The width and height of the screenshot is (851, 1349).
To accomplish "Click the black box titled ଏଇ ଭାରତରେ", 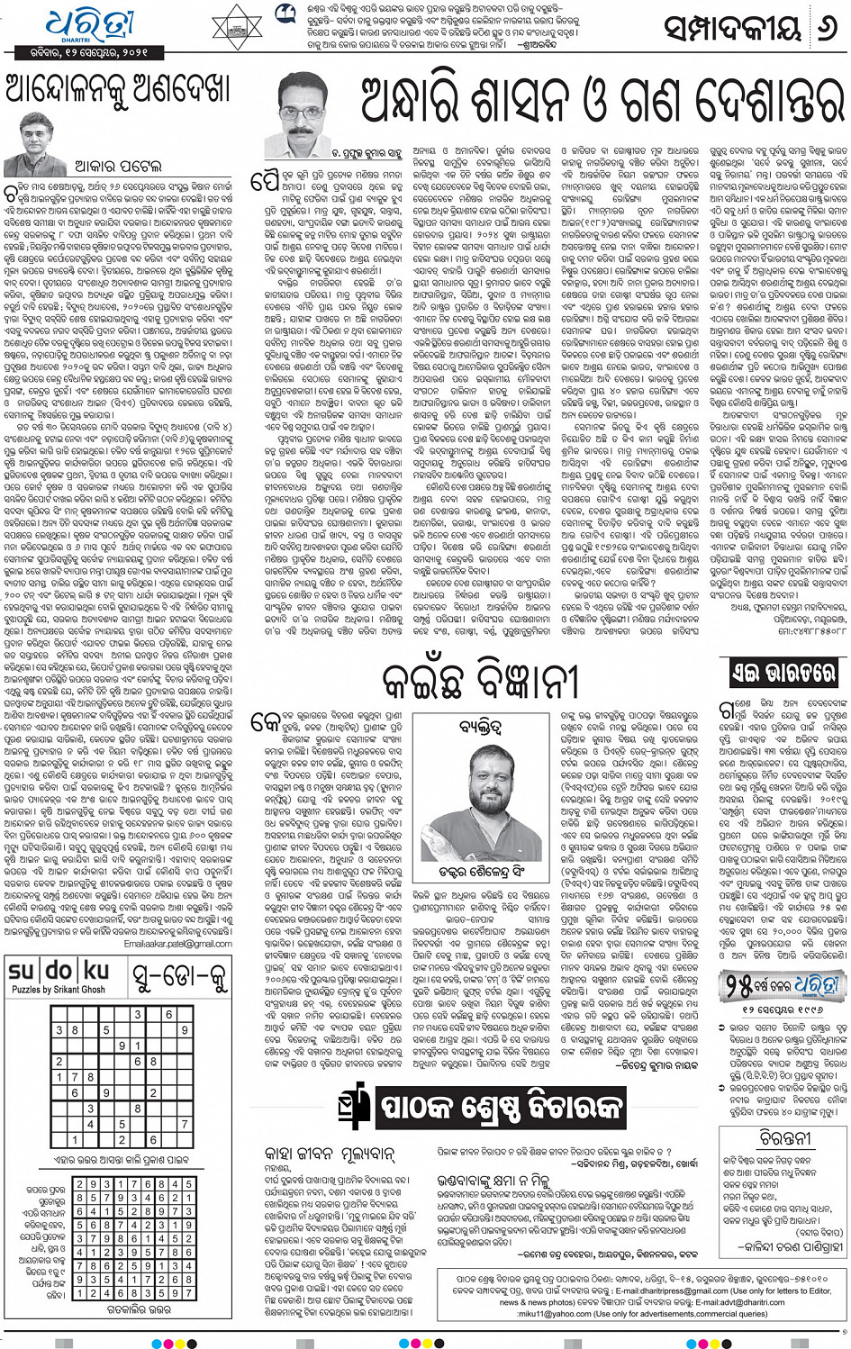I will [783, 672].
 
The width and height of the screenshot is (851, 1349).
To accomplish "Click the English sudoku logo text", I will [59, 972].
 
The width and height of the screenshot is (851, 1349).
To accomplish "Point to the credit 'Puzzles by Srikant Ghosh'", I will [59, 990].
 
